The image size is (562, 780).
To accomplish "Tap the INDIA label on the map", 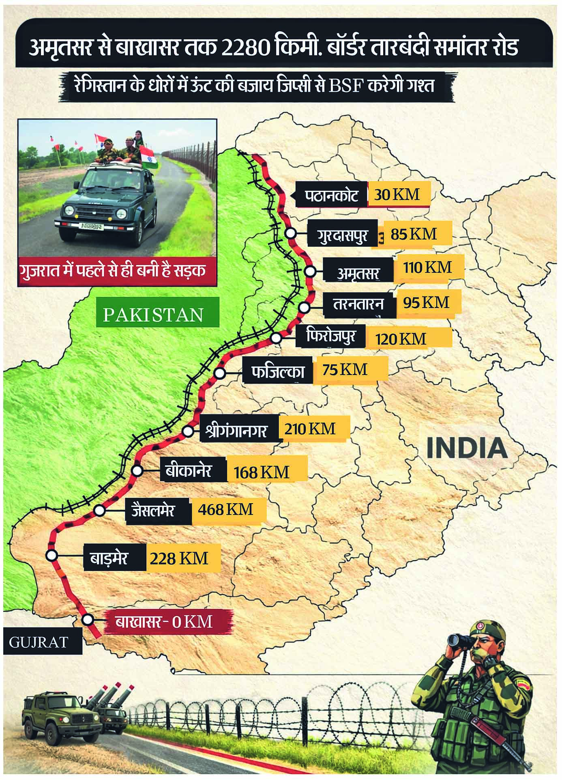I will click(467, 448).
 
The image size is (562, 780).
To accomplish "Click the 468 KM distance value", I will click(226, 509).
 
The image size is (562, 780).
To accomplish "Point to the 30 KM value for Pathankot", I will click(397, 195).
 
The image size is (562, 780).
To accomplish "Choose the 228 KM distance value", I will click(179, 558).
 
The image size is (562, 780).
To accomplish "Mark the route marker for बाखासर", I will click(87, 619).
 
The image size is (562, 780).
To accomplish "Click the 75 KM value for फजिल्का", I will click(345, 370).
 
